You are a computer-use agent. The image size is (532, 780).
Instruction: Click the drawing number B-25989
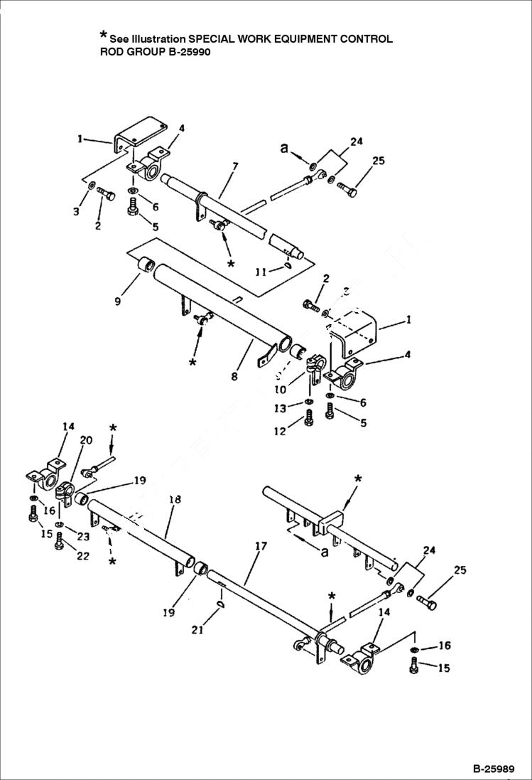coord(496,769)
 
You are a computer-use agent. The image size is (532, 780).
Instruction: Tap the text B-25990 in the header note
coord(187,52)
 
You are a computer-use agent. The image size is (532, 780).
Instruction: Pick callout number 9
coord(117,301)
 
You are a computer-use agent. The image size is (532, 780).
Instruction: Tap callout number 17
coord(261,547)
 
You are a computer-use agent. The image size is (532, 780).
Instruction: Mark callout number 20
coord(85,441)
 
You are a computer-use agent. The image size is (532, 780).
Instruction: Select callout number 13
coord(281,408)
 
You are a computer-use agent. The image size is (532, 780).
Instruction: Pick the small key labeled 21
coord(220,604)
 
